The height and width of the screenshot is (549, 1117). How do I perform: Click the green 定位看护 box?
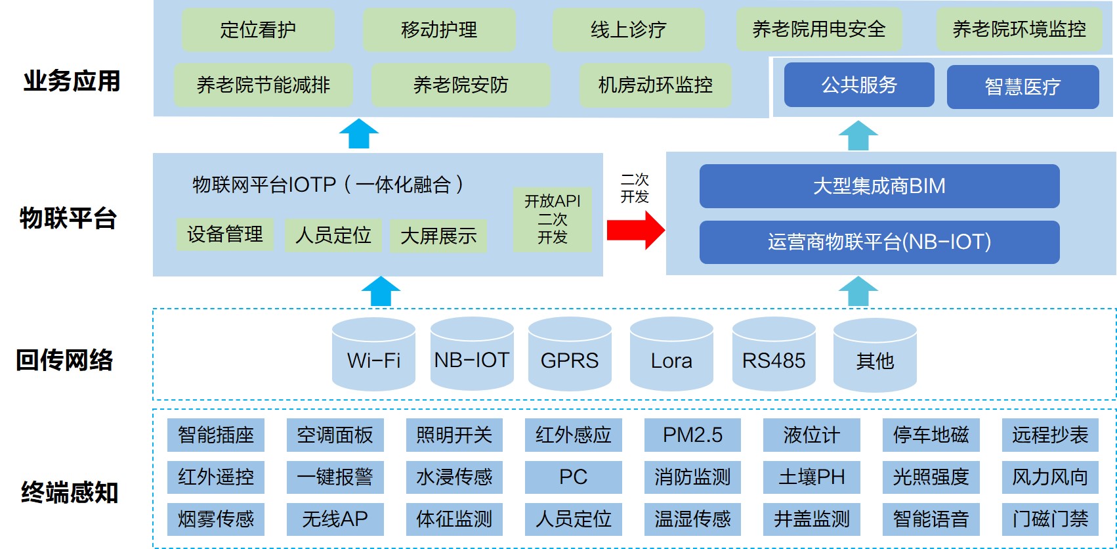point(258,30)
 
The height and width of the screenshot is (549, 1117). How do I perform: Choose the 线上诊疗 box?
point(628,30)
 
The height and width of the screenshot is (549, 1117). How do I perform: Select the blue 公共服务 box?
point(858,85)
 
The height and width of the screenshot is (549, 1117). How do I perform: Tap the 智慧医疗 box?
point(1022,87)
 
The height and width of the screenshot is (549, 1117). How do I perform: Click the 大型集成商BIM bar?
point(879,186)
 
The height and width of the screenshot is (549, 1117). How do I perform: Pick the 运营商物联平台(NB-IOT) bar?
point(879,242)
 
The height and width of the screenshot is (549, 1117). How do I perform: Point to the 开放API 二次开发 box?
point(552,219)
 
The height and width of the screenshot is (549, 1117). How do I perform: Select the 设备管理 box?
point(224,234)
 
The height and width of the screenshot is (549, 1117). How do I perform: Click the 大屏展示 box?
point(438,236)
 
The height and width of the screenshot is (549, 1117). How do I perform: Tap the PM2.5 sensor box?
point(692,435)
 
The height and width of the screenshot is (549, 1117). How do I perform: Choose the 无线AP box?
point(335,519)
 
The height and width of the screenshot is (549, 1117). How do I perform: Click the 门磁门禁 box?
point(1050,519)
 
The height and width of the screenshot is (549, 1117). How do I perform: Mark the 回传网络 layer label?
point(65,360)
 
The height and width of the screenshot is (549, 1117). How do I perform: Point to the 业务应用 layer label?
point(72,81)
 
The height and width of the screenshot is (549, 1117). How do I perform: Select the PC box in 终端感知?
point(573,477)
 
